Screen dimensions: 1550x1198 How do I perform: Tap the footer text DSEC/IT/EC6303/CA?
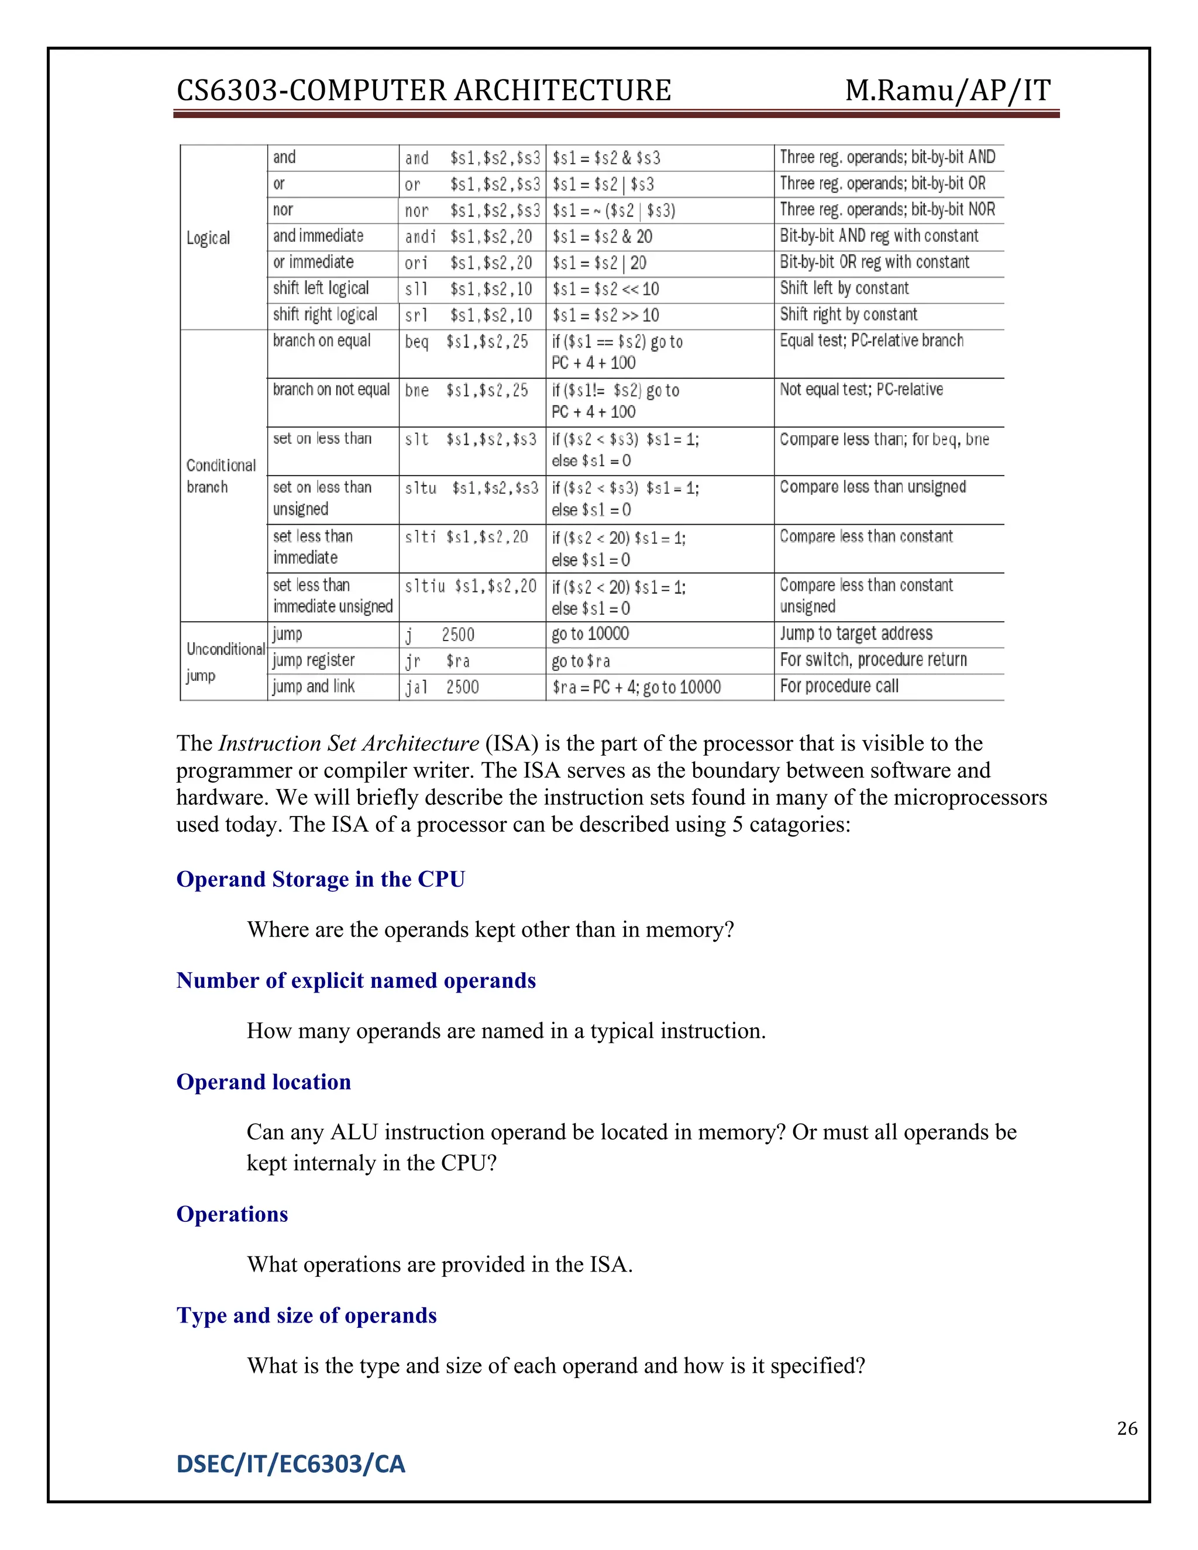click(x=290, y=1464)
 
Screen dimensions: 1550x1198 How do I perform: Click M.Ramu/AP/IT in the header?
click(x=948, y=91)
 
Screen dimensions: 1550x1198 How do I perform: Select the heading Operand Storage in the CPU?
click(x=320, y=879)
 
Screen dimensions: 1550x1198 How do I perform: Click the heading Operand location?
click(x=263, y=1081)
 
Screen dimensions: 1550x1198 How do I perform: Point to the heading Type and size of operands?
click(x=306, y=1315)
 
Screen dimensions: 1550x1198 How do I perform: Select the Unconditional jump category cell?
click(x=224, y=662)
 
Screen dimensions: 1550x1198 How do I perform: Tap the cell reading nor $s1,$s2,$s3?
click(x=472, y=211)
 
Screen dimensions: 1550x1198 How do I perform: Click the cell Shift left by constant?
click(x=844, y=288)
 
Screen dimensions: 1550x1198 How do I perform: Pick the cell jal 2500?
click(x=442, y=687)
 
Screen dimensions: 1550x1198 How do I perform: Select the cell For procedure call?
click(x=839, y=686)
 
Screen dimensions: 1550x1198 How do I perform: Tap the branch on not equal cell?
click(x=332, y=390)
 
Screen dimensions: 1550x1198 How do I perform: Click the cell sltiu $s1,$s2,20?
click(x=470, y=586)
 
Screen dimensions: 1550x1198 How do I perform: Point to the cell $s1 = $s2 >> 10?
click(x=605, y=315)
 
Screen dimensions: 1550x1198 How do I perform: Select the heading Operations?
click(x=232, y=1214)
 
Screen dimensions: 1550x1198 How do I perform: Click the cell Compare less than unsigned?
click(x=872, y=487)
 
